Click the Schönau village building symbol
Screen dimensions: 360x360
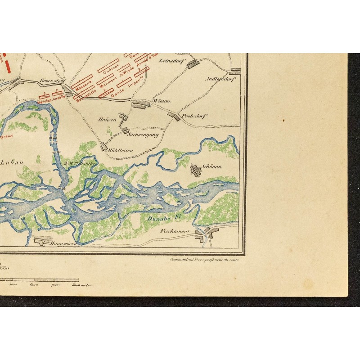coord(196,171)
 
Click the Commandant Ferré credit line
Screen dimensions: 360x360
coord(204,260)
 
